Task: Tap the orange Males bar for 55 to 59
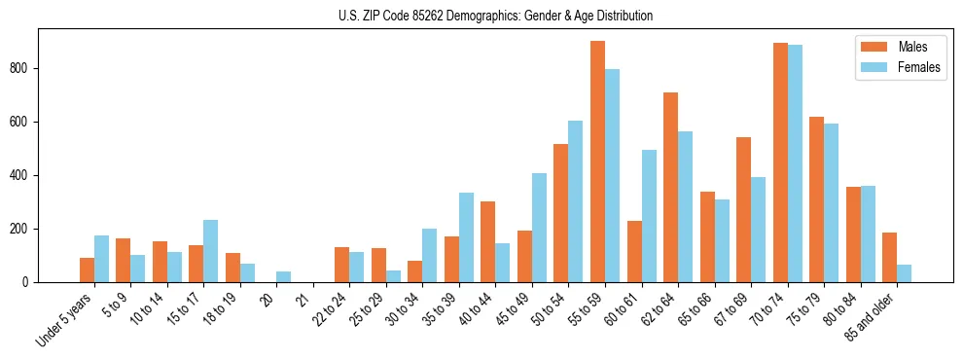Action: click(x=597, y=162)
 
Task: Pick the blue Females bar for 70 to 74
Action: click(x=795, y=163)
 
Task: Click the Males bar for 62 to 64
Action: click(x=670, y=188)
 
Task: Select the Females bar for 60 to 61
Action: click(x=649, y=216)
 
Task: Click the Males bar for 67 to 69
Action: click(x=743, y=210)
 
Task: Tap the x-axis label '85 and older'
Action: click(x=873, y=317)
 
